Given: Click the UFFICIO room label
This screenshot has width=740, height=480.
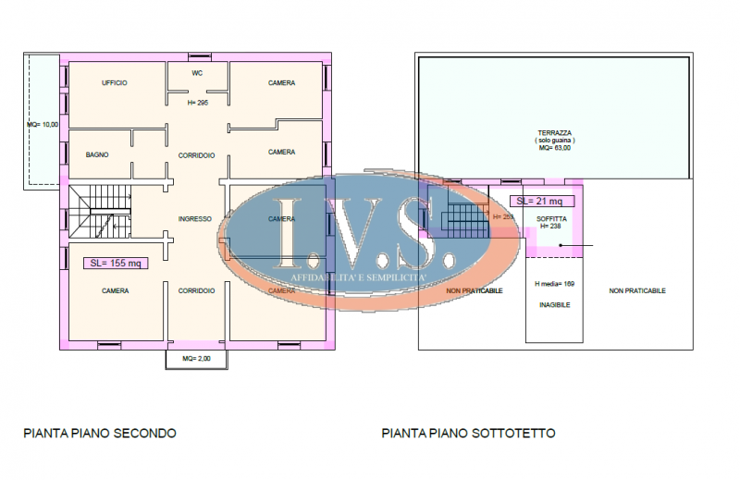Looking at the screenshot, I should coord(115,83).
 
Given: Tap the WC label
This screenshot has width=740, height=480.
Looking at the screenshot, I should coord(197,72).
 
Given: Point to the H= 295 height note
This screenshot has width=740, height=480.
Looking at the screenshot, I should coord(197,103).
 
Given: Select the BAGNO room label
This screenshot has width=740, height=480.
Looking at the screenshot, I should coord(97,154).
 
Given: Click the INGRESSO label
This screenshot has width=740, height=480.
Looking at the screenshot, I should coord(195,219).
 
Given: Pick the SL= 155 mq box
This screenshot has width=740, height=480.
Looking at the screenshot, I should coord(116,264).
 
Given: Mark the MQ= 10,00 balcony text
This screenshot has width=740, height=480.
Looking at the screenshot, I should coord(43,124).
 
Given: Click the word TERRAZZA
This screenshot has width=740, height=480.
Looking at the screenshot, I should coord(554,132).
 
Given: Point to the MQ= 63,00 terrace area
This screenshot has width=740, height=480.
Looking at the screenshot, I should coord(554,147).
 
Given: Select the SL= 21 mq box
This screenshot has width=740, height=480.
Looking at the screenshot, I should coord(542,201).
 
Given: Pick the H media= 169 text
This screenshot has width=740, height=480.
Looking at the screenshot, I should coord(555,284).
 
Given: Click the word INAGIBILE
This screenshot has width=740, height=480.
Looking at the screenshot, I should coord(555,304).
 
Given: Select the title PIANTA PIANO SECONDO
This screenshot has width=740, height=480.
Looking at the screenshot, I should coord(100,433).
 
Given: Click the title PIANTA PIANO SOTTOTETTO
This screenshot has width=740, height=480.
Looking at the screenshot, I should coord(468,433).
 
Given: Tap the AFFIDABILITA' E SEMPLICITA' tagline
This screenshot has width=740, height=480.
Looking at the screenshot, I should coord(358,277).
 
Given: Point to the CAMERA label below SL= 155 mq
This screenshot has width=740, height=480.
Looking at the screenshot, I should coord(115,290).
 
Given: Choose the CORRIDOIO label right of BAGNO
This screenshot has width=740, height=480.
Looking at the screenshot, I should coord(197,154).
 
